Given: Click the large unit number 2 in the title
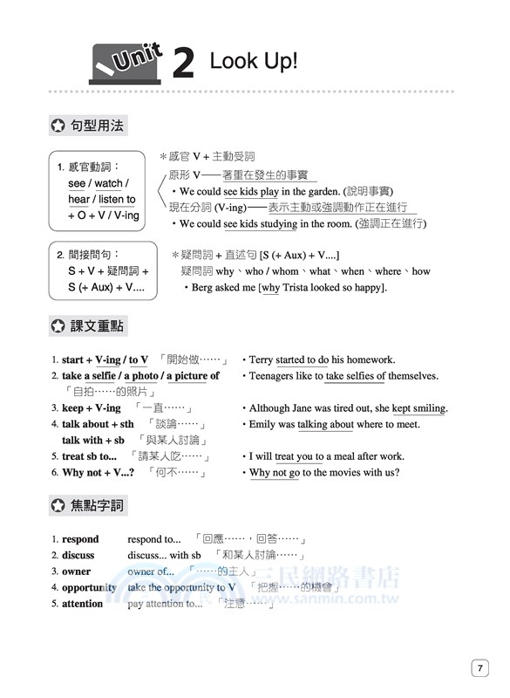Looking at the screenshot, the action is coord(182,63).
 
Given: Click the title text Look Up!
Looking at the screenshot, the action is coord(254,61).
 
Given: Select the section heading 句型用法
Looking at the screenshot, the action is coord(98,126).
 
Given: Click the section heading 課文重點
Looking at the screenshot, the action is coord(98,327).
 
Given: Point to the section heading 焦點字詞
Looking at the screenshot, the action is coord(98,505).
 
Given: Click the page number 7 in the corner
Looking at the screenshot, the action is coord(479,668).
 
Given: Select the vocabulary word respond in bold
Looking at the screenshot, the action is coord(80,539).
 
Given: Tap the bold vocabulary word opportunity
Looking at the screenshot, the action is coord(89,587).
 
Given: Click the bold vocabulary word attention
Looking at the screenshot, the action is coord(82,603).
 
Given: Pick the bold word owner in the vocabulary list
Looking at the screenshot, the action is coord(76,571).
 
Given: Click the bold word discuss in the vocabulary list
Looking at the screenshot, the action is coord(78,555).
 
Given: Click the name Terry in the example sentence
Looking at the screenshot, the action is coord(262,359).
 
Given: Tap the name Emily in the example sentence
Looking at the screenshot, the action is coord(263,424).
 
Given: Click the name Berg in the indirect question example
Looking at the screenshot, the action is coord(202,287).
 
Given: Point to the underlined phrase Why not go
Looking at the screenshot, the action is coord(275,473).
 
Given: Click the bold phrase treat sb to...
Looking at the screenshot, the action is coord(88,456).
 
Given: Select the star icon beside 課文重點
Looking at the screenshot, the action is coord(58,327).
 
